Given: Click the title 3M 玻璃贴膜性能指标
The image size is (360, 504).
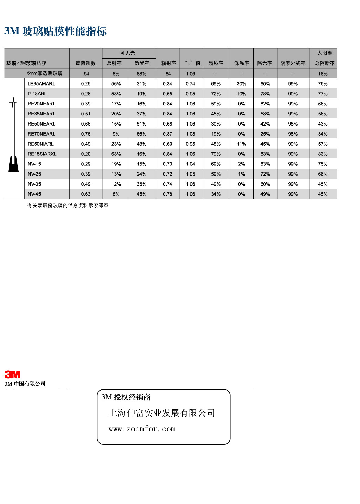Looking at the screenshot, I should click(x=55, y=31).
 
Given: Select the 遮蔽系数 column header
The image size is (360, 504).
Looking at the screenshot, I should click(x=86, y=63).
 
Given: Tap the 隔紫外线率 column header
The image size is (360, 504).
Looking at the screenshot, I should click(x=293, y=63).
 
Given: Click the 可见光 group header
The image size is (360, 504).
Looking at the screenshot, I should click(x=128, y=53).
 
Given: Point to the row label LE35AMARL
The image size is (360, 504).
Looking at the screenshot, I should click(x=41, y=84).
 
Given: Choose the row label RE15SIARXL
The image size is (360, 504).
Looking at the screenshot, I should click(x=42, y=154).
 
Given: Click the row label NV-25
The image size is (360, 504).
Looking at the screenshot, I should click(x=34, y=174).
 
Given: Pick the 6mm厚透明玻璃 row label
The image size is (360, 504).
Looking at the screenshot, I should click(x=45, y=73).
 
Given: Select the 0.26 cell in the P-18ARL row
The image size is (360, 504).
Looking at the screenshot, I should click(x=86, y=94).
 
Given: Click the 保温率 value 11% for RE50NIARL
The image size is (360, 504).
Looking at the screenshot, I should click(x=242, y=144).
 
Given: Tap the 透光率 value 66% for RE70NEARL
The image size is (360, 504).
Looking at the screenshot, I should click(x=141, y=134).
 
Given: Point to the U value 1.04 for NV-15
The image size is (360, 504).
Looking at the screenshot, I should click(x=190, y=164).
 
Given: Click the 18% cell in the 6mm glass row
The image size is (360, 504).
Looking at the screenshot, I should click(x=323, y=74).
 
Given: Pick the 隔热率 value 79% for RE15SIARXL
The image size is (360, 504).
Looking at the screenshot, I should click(x=216, y=154).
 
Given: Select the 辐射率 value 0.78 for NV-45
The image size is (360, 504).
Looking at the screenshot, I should click(x=168, y=194).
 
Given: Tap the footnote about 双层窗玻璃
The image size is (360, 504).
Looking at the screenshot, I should click(x=68, y=206).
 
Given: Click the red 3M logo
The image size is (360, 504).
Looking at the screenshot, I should click(x=12, y=374).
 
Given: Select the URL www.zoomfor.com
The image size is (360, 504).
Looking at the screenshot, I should click(x=142, y=429).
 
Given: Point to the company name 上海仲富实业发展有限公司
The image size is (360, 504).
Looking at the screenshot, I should click(x=162, y=413).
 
